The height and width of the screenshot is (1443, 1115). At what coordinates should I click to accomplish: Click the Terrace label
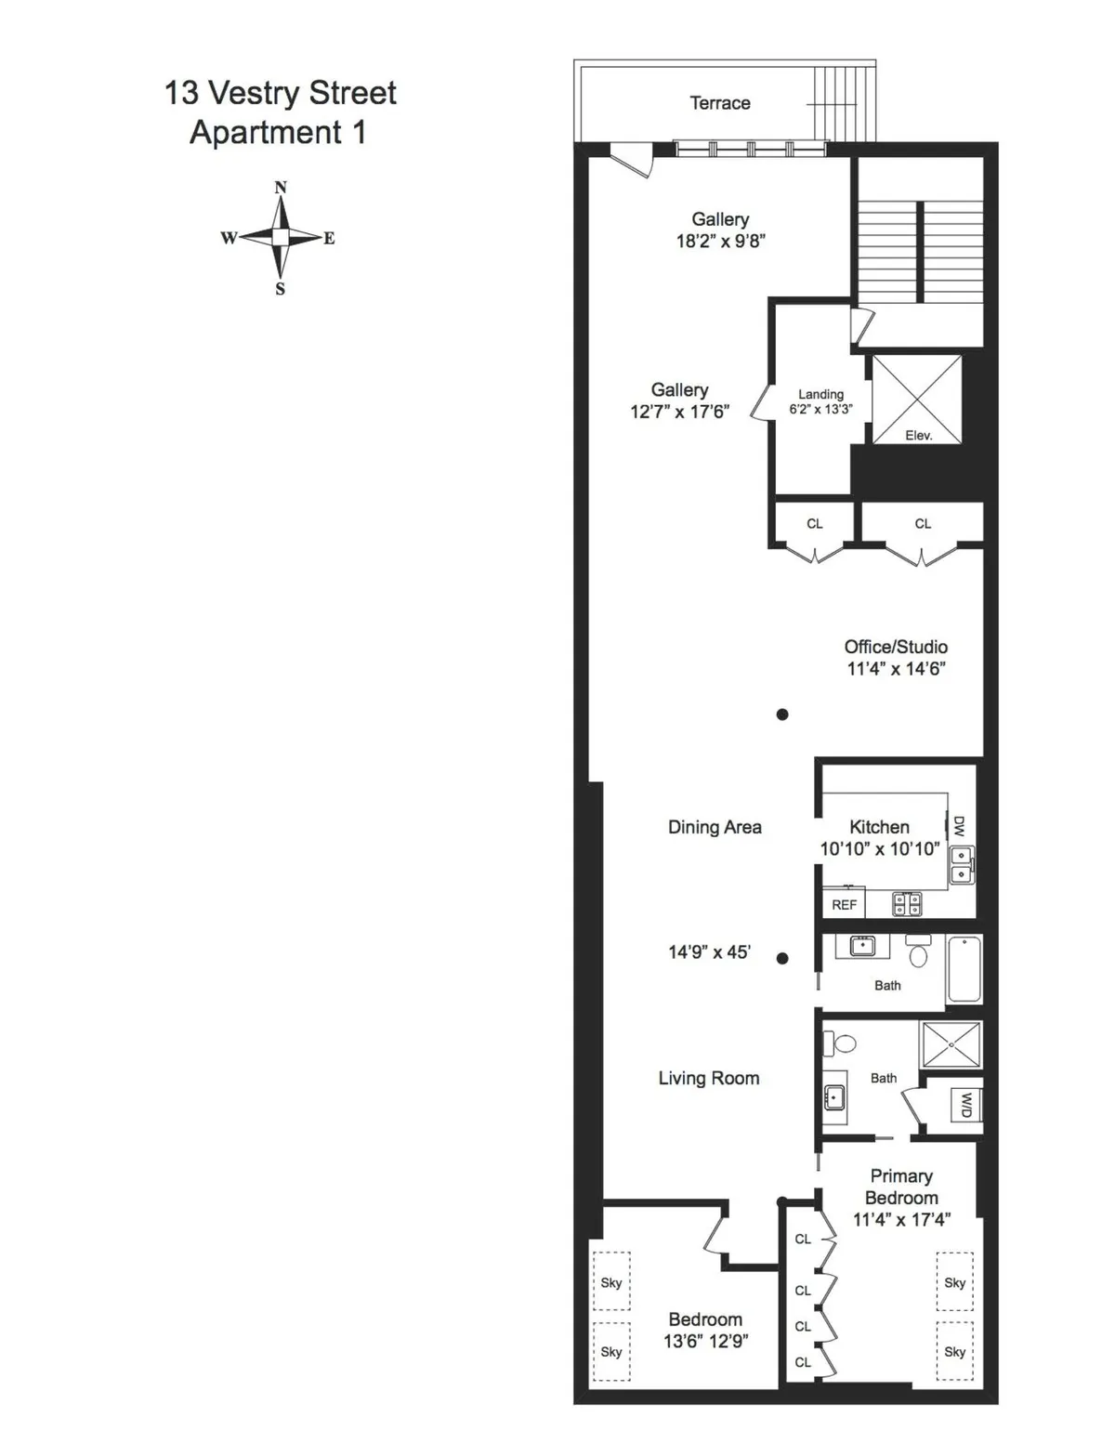tap(719, 103)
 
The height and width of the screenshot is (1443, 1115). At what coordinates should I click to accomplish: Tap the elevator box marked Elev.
tap(916, 400)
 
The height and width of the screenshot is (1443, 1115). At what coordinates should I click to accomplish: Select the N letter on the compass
tap(281, 188)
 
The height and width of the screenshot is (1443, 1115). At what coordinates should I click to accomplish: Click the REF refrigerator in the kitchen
tap(844, 904)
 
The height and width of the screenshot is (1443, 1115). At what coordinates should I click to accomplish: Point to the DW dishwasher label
tap(959, 826)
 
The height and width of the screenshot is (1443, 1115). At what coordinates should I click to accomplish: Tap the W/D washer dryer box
tap(965, 1105)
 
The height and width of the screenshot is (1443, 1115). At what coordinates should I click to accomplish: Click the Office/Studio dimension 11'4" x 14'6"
tap(896, 669)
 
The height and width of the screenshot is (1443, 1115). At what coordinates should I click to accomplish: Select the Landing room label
tap(820, 394)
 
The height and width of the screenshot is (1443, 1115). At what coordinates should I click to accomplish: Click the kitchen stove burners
tap(907, 903)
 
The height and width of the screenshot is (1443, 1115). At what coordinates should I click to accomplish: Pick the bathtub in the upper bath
tap(964, 969)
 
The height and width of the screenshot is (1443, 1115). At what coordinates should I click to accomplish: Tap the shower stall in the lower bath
tap(951, 1044)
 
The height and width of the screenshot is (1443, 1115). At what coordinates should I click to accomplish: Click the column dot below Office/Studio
tap(782, 715)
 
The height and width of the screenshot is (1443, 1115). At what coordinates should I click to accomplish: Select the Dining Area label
tap(715, 827)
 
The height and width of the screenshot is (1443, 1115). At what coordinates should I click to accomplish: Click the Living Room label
tap(709, 1078)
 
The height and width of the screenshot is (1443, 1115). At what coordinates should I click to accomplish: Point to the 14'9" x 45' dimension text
tap(709, 952)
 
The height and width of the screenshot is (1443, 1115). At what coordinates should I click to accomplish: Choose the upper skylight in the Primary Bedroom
tap(954, 1282)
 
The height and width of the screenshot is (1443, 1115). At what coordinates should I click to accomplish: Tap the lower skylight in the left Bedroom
tap(610, 1352)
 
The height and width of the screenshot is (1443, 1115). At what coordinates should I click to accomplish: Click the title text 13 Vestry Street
tap(280, 93)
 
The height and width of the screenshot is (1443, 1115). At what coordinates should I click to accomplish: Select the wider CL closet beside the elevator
tap(922, 524)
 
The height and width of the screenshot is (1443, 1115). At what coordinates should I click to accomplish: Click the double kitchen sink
tap(962, 865)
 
